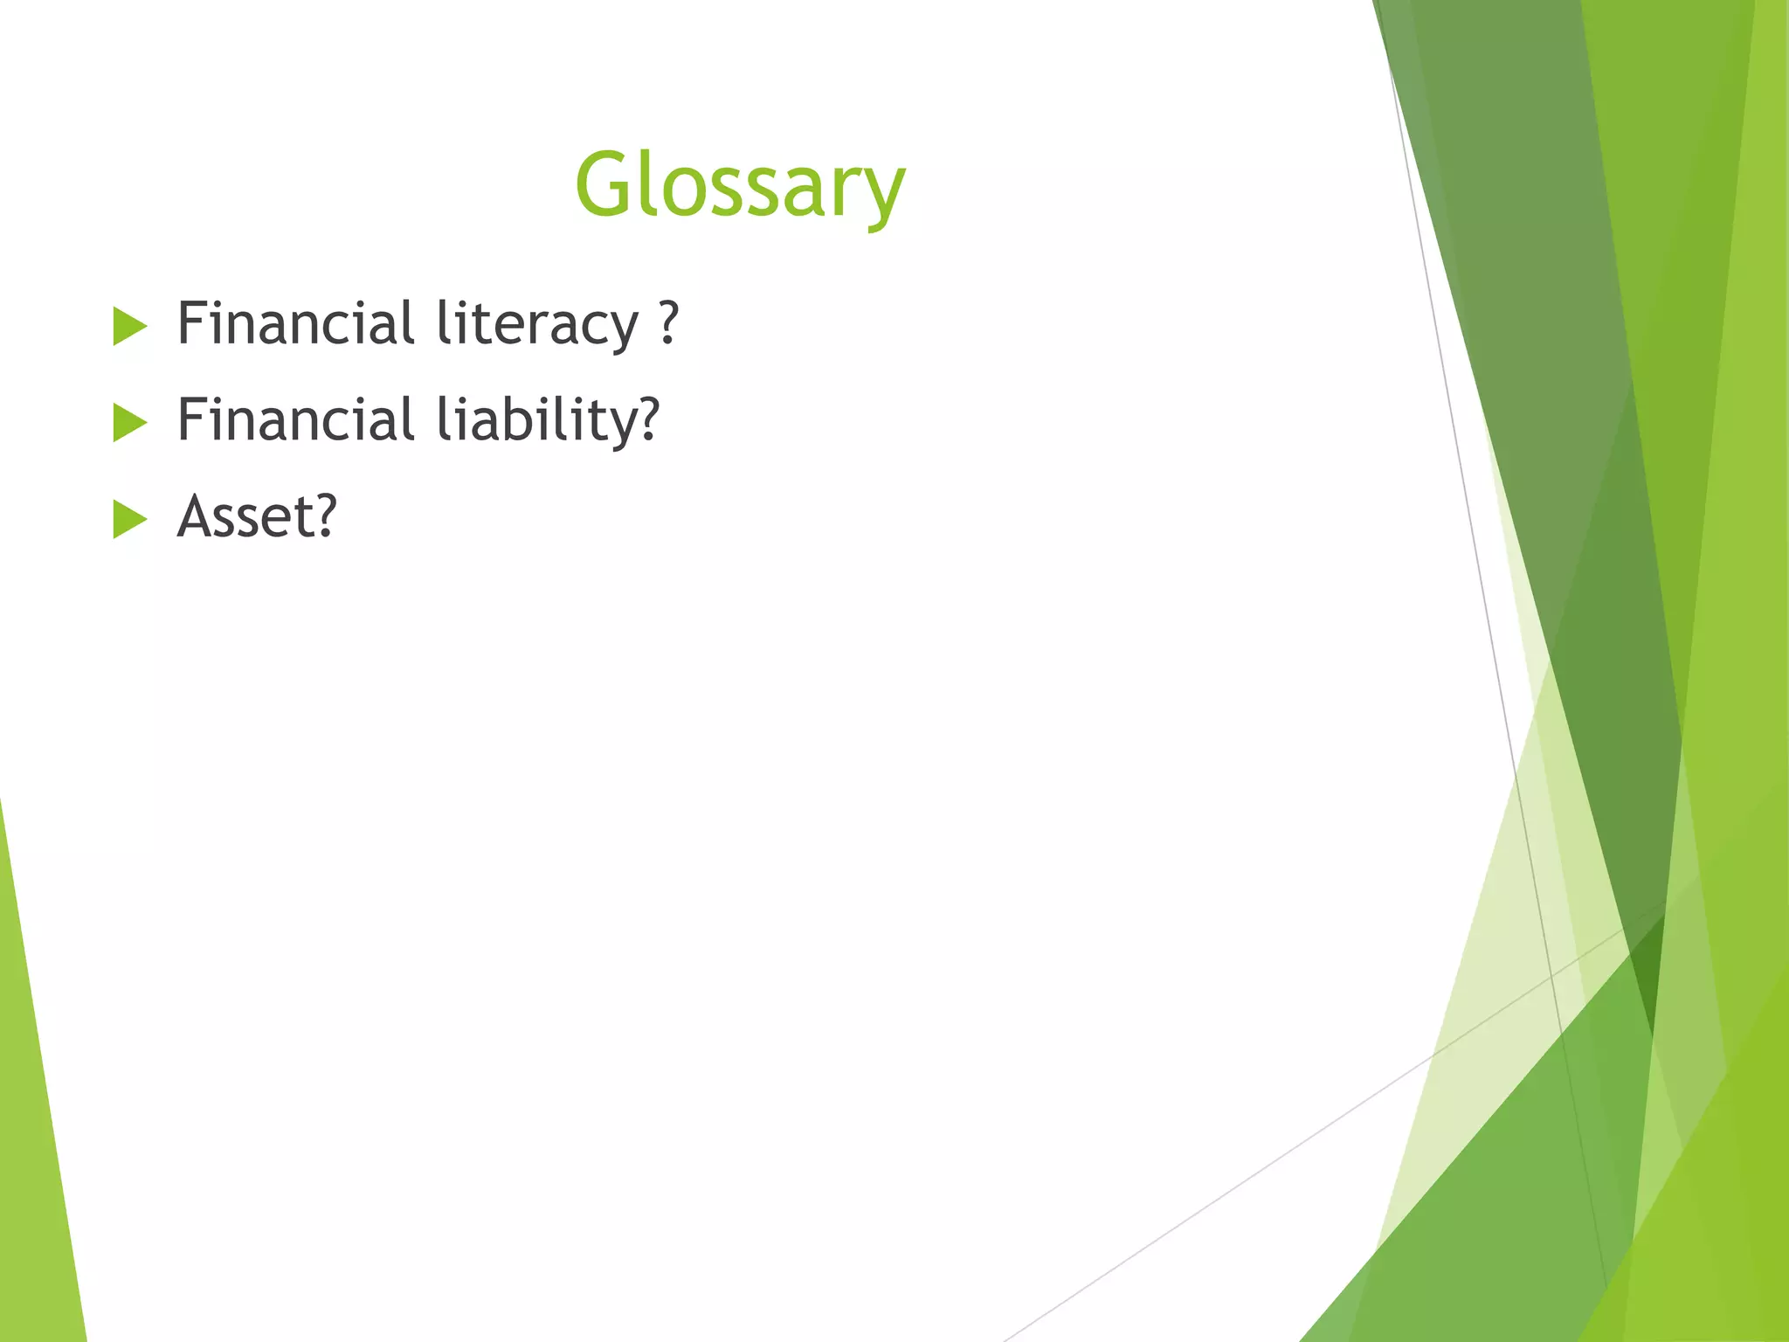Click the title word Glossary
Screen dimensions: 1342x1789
click(x=740, y=185)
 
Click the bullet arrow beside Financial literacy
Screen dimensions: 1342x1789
click(x=130, y=328)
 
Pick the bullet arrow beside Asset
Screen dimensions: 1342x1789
click(x=130, y=521)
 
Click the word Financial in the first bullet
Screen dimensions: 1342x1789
click(x=295, y=323)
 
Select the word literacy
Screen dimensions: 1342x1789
click(x=536, y=325)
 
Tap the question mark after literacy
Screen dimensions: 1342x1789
click(x=669, y=323)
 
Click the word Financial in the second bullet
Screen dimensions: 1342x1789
click(x=295, y=419)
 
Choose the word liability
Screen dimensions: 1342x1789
click(x=535, y=421)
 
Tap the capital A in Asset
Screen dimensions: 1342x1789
click(x=197, y=516)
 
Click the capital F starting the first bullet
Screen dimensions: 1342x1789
click(x=191, y=323)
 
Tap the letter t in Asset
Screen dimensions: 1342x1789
click(x=299, y=518)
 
